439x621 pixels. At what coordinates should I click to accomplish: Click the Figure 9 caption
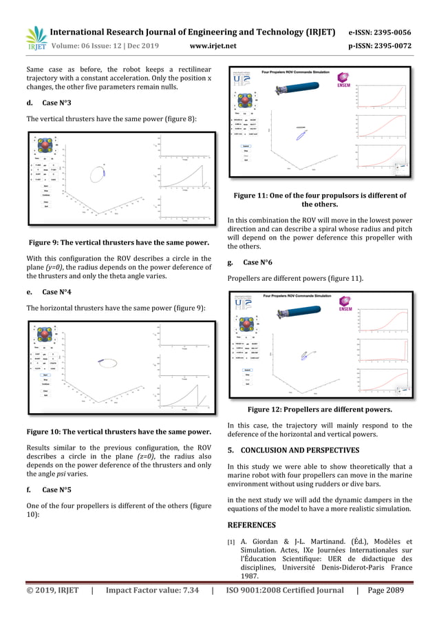point(118,242)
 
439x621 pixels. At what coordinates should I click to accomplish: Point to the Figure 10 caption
point(118,432)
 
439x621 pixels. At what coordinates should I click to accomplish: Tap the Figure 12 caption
point(319,409)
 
